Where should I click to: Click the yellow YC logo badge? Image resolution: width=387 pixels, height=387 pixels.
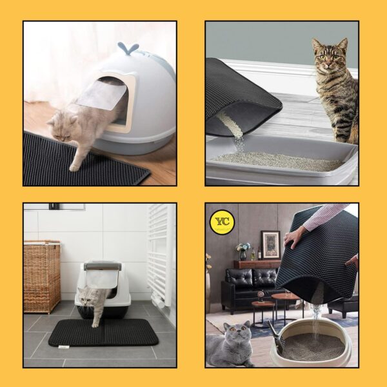pos(222,222)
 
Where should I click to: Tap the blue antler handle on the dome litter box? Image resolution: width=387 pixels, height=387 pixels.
pos(128,48)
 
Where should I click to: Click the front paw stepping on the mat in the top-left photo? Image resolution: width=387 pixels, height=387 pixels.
pos(74,164)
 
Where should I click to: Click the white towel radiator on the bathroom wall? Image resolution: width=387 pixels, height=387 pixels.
pos(159,252)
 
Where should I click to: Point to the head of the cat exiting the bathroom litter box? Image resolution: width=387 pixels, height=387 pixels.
pos(87,297)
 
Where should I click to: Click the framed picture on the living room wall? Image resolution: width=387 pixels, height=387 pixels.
pos(270,243)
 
